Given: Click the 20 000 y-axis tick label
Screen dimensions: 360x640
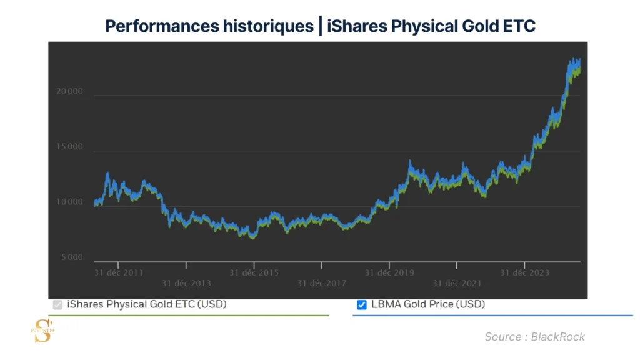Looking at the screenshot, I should [69, 92].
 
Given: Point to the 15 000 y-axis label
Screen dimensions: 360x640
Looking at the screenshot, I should [69, 147].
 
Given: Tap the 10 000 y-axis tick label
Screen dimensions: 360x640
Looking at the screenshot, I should [69, 202].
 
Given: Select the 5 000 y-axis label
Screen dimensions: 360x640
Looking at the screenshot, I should [71, 257].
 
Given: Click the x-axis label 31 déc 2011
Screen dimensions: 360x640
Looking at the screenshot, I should [118, 272].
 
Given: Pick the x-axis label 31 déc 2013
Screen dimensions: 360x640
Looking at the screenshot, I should [186, 283].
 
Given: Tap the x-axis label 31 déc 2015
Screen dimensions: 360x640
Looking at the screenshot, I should [254, 272].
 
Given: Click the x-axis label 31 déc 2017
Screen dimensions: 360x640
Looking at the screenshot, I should [321, 283].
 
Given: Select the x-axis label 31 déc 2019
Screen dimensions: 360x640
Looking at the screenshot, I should [389, 272].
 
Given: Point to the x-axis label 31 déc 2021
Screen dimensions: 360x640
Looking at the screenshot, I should [457, 283].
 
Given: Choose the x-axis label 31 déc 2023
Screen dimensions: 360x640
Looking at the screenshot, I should [525, 272].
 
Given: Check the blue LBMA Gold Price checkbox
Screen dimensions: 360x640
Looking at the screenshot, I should [361, 305].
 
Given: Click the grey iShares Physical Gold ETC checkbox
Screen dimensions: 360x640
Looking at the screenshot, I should [58, 305].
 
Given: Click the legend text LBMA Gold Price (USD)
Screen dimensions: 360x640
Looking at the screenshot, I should [427, 304].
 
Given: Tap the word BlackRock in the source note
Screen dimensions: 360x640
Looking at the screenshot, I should [558, 337].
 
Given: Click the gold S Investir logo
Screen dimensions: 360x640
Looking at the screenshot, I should [42, 330].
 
